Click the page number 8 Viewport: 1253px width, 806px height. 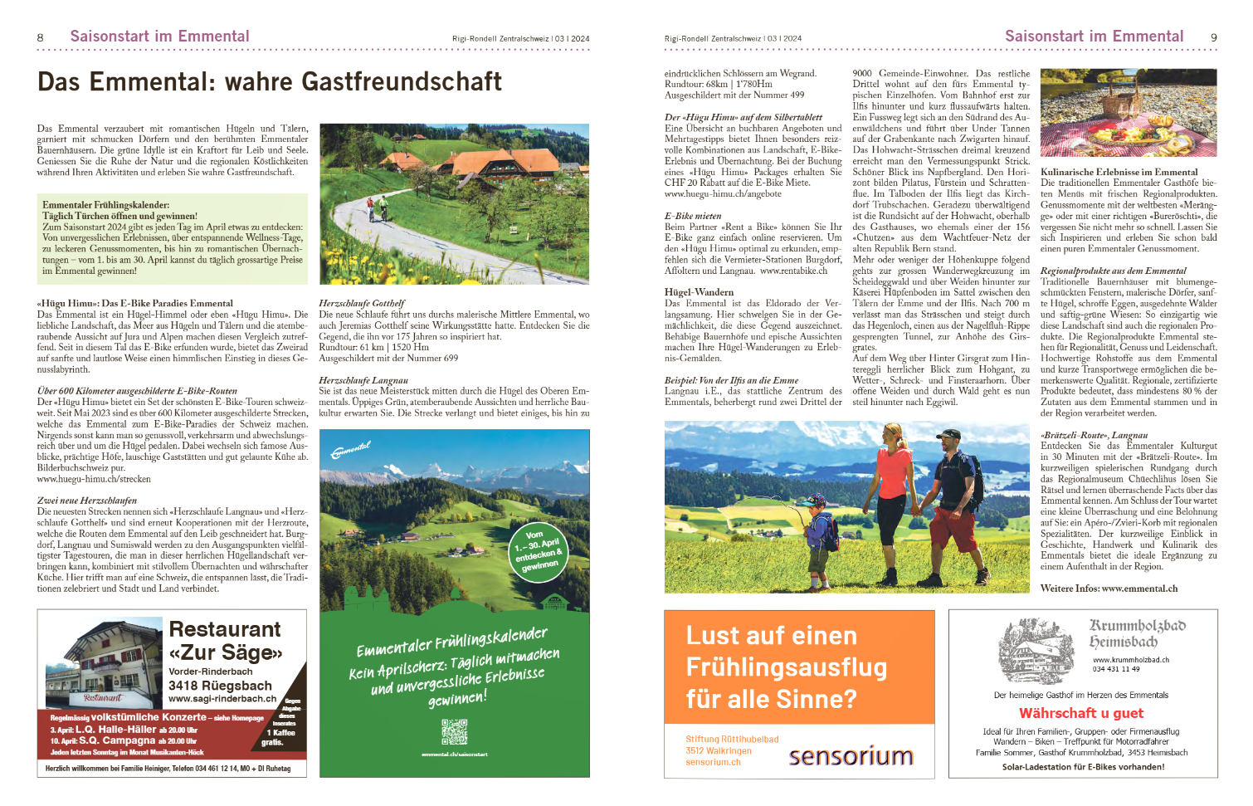click(40, 37)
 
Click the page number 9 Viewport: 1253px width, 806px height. click(1213, 37)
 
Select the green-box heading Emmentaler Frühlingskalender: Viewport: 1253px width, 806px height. click(106, 204)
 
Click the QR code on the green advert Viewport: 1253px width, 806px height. click(454, 730)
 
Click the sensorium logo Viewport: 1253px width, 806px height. click(851, 756)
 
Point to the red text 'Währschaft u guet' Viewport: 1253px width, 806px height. click(1080, 713)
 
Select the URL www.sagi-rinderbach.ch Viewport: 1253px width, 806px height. click(222, 699)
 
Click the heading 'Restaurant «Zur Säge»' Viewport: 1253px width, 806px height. click(225, 641)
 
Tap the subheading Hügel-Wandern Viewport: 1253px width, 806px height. click(699, 292)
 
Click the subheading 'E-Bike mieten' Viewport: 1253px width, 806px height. click(693, 216)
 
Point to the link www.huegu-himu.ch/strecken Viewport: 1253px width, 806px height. click(94, 479)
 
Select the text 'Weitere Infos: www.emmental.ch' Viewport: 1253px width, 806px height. click(1109, 589)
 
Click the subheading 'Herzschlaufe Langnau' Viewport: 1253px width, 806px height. click(363, 380)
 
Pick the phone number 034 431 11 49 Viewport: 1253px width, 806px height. click(1116, 669)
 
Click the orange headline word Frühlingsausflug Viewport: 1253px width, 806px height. click(786, 667)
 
